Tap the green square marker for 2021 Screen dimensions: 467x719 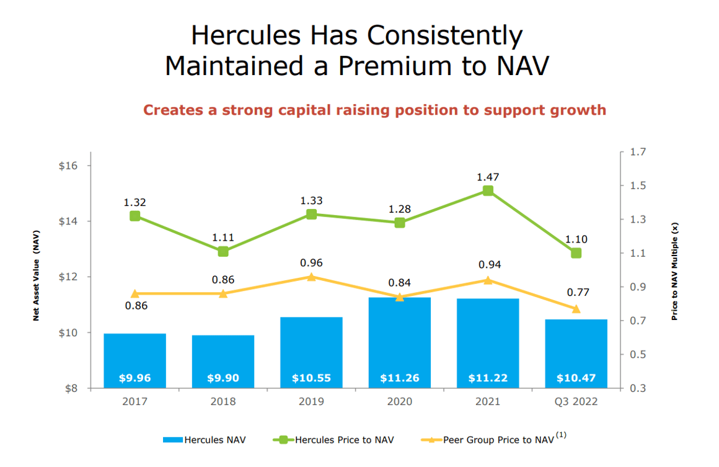point(488,190)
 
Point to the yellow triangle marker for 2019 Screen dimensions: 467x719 point(311,277)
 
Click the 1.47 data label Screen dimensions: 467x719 point(488,177)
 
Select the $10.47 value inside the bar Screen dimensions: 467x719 point(576,378)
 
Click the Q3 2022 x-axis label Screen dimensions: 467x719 point(576,402)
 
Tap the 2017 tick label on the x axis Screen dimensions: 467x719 point(135,402)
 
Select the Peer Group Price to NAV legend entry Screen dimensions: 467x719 point(498,440)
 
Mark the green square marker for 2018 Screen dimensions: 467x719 point(223,251)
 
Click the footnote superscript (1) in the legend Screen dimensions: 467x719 point(561,435)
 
